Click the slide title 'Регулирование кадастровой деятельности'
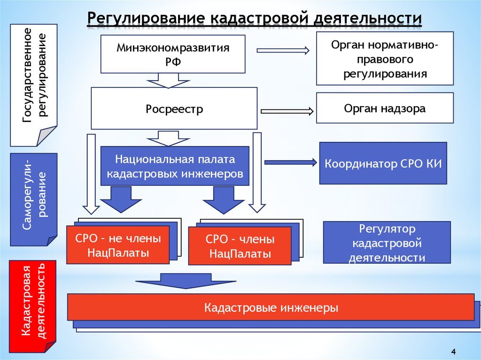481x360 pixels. (x=254, y=18)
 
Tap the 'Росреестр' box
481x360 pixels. (x=174, y=109)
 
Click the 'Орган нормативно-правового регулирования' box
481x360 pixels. (x=385, y=59)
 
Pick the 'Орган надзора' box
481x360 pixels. (x=385, y=109)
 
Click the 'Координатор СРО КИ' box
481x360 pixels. (x=383, y=163)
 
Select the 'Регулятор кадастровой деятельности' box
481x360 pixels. (x=387, y=243)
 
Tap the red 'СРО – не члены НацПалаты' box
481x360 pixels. (x=118, y=245)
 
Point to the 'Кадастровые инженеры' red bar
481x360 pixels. (x=271, y=308)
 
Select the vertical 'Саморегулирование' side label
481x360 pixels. (x=34, y=199)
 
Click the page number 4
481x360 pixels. (x=453, y=352)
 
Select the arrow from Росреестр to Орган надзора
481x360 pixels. (x=287, y=111)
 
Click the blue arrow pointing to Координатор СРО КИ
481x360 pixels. (x=291, y=162)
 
